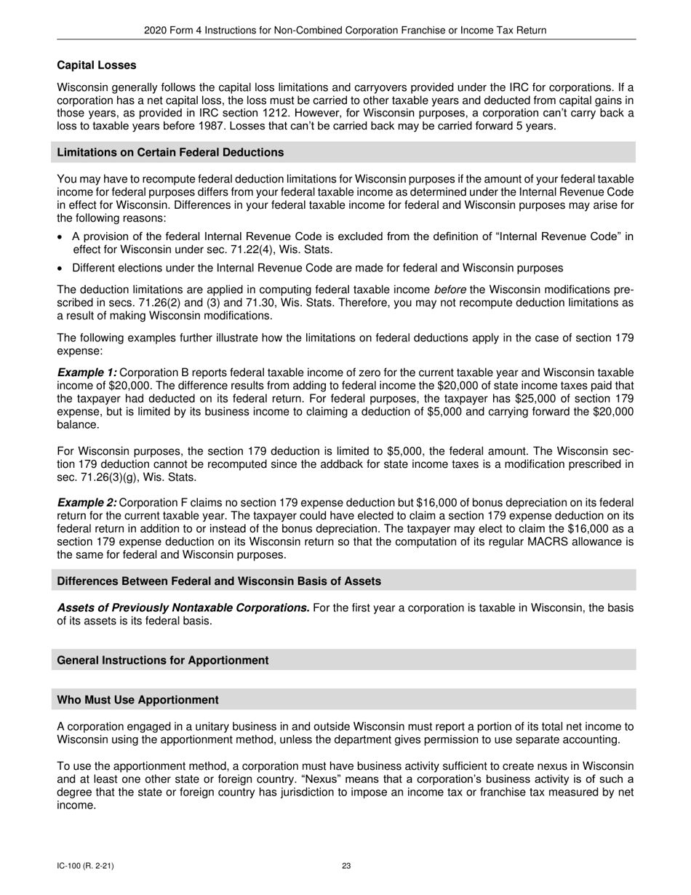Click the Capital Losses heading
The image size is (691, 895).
96,65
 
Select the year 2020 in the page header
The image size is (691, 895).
155,31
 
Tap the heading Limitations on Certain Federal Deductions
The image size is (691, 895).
170,152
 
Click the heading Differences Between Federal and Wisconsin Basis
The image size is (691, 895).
219,581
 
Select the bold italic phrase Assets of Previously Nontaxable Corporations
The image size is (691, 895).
183,608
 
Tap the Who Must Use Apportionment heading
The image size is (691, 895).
137,700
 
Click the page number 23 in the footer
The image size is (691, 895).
346,866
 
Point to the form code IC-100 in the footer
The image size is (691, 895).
70,866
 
